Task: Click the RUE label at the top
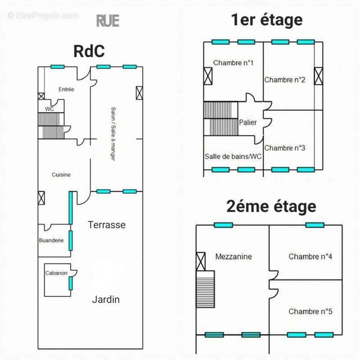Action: pyautogui.click(x=108, y=21)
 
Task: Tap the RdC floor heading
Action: pyautogui.click(x=89, y=51)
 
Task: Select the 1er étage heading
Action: pyautogui.click(x=266, y=20)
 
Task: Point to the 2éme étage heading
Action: pyautogui.click(x=271, y=207)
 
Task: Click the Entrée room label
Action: pyautogui.click(x=66, y=89)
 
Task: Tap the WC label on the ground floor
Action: pyautogui.click(x=49, y=109)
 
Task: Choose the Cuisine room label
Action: pyautogui.click(x=61, y=175)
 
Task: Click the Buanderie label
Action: pyautogui.click(x=51, y=240)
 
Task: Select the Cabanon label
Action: pyautogui.click(x=56, y=273)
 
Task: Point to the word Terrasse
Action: pyautogui.click(x=107, y=225)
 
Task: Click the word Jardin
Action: pyautogui.click(x=106, y=299)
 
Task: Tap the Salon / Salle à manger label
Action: pyautogui.click(x=113, y=134)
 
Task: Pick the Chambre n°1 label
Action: pyautogui.click(x=233, y=63)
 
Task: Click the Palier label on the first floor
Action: pyautogui.click(x=248, y=122)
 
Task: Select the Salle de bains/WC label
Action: pyautogui.click(x=233, y=157)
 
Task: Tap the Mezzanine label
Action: pyautogui.click(x=234, y=256)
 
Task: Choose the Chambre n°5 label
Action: pyautogui.click(x=310, y=311)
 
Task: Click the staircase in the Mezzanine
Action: pyautogui.click(x=206, y=289)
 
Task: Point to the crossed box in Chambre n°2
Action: pyautogui.click(x=318, y=76)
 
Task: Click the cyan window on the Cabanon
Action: pyautogui.click(x=71, y=283)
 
